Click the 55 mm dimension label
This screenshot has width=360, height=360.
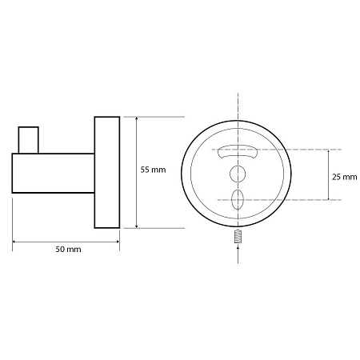coord(153,170)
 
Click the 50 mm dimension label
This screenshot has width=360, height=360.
coord(68,250)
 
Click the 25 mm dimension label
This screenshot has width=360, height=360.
coord(345,177)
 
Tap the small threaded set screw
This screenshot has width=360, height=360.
coord(238,237)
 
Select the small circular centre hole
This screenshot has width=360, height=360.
coord(238,174)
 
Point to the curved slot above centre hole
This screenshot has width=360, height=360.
coord(238,151)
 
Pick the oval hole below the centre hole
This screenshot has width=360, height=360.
coord(238,200)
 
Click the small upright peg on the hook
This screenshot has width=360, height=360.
coord(29,140)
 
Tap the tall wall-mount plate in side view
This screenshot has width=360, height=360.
coord(107,173)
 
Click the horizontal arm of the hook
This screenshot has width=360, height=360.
coord(54,173)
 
